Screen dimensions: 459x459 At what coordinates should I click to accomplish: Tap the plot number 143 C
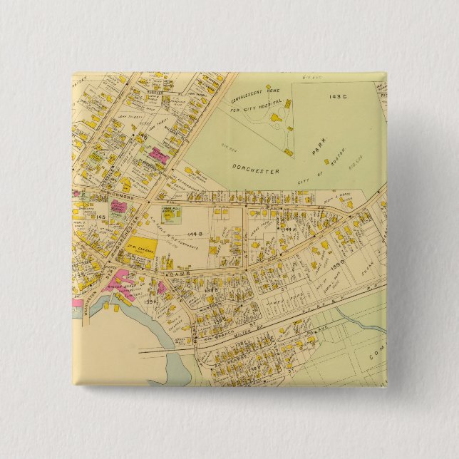(337, 96)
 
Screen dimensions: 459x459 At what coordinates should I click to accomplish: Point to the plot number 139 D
(337, 264)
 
